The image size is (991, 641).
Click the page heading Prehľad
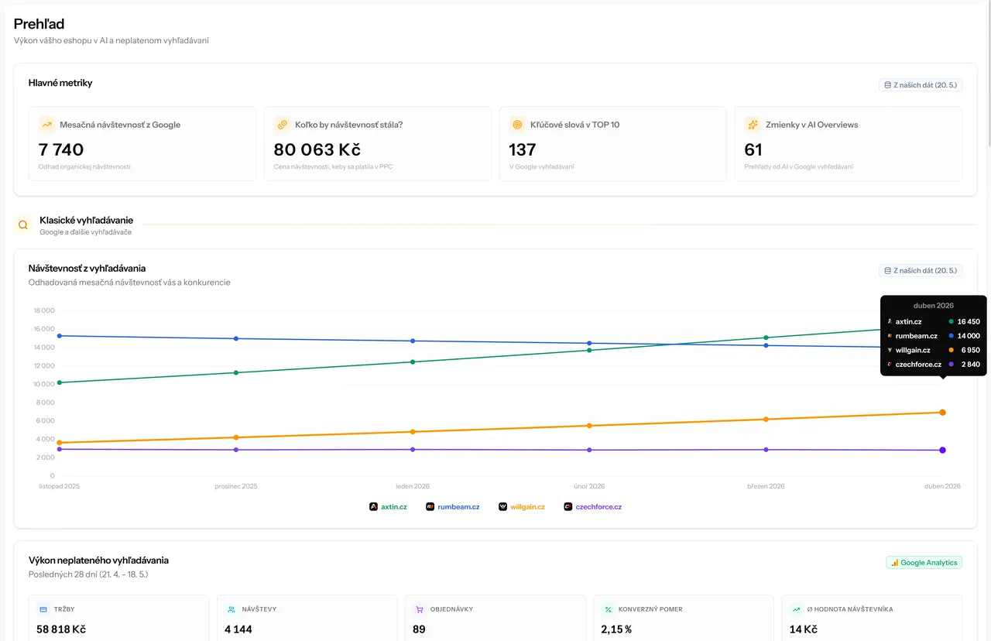coord(39,24)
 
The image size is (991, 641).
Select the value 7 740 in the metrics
coord(60,149)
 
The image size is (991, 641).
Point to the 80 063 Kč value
coord(317,149)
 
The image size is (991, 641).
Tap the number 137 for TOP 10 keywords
coord(522,149)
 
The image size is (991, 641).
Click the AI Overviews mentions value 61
coord(753,149)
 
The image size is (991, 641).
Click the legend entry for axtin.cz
coord(388,506)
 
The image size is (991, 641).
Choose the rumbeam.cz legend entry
coord(453,506)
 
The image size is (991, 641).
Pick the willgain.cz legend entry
coord(522,506)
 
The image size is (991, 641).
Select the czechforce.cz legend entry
coord(593,506)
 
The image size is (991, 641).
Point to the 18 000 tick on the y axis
coord(44,310)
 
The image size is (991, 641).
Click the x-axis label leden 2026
coord(413,486)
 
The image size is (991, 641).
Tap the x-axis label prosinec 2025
coord(236,486)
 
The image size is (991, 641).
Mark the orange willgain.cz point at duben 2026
coord(942,413)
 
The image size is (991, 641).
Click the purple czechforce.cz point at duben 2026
coord(942,450)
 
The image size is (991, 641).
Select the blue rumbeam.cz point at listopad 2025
coord(60,336)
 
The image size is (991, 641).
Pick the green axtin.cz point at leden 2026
coord(413,362)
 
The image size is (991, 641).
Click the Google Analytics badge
coord(924,562)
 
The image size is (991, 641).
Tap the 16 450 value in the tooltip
coord(969,321)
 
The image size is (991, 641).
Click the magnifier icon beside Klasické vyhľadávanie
coord(23,225)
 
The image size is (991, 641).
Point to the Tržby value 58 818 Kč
coord(61,629)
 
